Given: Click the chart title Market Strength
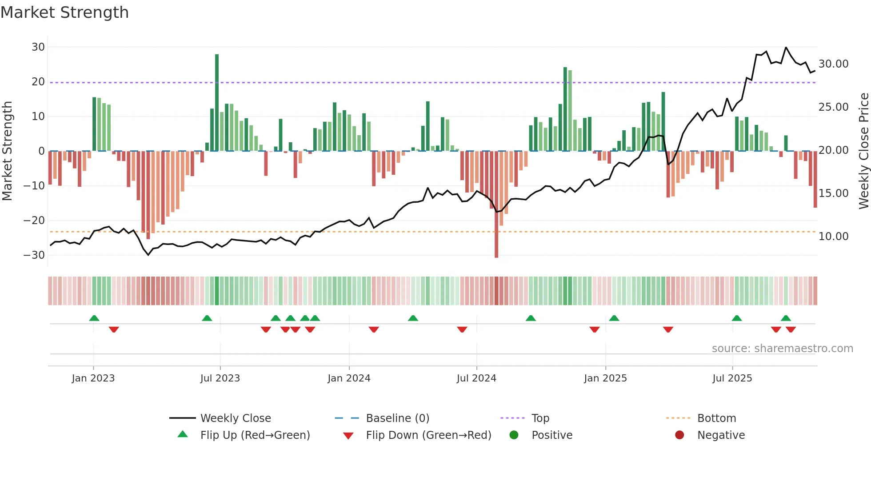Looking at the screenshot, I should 65,12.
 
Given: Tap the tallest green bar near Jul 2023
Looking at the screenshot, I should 217,102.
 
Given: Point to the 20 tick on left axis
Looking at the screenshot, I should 38,82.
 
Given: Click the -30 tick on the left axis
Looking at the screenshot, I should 34,255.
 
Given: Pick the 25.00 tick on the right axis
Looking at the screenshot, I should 833,107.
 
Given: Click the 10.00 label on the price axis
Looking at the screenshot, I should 833,237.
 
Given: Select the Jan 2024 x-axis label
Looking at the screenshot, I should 349,378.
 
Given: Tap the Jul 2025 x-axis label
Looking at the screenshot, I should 732,378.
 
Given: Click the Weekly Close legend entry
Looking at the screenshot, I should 235,418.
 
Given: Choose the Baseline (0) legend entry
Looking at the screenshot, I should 397,418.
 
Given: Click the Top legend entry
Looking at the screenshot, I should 540,418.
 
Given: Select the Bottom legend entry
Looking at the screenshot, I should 716,418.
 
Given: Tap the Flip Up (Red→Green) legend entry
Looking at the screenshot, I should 255,435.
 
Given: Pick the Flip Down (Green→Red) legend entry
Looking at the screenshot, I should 428,435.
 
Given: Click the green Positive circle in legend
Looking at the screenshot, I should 514,435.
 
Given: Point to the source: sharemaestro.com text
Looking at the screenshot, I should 782,349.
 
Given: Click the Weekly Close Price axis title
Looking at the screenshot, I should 864,151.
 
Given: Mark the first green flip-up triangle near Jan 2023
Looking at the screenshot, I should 94,318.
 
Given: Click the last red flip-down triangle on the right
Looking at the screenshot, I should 791,329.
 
